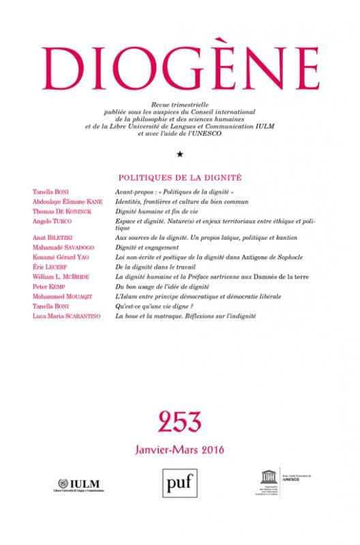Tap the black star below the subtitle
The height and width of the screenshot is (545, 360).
coord(179,155)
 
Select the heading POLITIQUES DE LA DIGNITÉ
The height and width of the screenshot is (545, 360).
coord(179,176)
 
